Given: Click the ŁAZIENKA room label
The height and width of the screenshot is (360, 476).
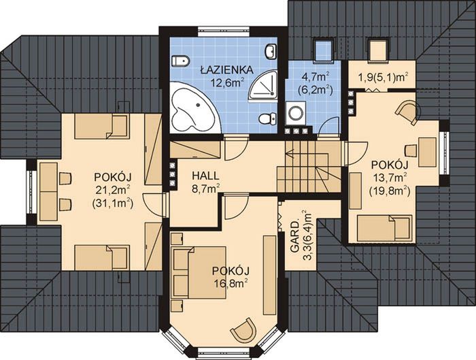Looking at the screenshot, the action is pyautogui.click(x=226, y=69).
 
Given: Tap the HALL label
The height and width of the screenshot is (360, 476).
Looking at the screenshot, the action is pyautogui.click(x=205, y=176).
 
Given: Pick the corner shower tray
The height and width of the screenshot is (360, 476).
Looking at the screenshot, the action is pyautogui.click(x=264, y=86).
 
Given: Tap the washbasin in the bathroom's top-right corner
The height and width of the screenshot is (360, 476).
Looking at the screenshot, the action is pyautogui.click(x=271, y=51).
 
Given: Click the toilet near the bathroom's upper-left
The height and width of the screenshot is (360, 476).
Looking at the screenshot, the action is pyautogui.click(x=180, y=61).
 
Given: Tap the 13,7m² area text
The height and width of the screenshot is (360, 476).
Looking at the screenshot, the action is pyautogui.click(x=390, y=178).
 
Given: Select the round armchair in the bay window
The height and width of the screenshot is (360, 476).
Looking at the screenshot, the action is pyautogui.click(x=243, y=330).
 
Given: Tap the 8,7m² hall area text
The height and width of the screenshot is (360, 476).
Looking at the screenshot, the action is pyautogui.click(x=205, y=189).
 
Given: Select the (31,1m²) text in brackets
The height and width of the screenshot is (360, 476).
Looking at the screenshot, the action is pyautogui.click(x=113, y=203).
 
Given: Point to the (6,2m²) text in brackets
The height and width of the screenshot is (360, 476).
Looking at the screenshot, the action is pyautogui.click(x=316, y=89).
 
